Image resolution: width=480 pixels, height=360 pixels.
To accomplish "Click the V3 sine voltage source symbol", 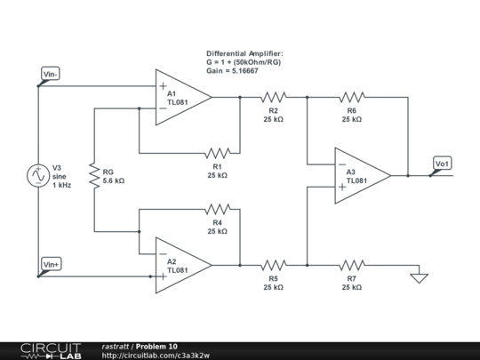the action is click(38, 175).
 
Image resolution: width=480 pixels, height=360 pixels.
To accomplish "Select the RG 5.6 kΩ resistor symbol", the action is click(94, 176).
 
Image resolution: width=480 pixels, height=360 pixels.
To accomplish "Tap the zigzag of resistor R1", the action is click(218, 153).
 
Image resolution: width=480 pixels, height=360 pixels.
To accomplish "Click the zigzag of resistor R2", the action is click(274, 98).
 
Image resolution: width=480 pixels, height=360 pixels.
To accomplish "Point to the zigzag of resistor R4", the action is click(218, 209).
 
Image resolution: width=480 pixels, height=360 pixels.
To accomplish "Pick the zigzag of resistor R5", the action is click(274, 265).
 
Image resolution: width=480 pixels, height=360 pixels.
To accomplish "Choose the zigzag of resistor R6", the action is click(352, 98).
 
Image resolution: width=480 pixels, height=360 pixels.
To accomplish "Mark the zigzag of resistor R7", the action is click(352, 265).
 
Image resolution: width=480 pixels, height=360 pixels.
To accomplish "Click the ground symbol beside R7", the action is click(419, 278).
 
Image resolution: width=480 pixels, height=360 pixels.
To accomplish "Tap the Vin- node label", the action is click(51, 74).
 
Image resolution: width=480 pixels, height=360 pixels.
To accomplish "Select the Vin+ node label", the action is click(52, 265).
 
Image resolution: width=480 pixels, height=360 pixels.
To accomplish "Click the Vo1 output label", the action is click(442, 164).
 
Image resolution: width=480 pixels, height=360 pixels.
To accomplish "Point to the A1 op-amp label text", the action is click(172, 93).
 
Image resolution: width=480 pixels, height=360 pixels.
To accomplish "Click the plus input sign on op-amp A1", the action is click(164, 86).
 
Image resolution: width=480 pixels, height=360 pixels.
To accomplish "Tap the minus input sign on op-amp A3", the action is click(342, 164).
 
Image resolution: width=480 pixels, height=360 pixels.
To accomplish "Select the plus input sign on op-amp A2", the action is click(164, 276).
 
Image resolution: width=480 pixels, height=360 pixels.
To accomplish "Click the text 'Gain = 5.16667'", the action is click(232, 71).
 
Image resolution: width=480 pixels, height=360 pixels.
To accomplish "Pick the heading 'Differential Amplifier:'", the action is click(244, 53).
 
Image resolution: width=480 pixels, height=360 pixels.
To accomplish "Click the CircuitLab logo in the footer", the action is click(51, 351).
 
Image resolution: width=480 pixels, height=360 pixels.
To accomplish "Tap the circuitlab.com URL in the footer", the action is click(156, 356).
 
